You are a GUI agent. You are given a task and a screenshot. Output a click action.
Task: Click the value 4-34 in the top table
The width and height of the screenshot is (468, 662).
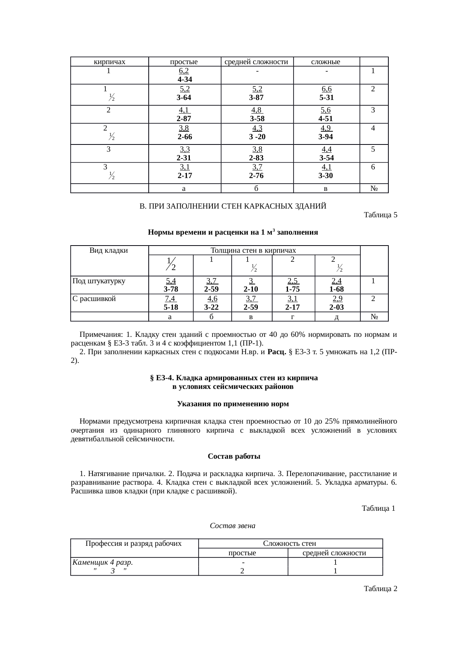[185, 80]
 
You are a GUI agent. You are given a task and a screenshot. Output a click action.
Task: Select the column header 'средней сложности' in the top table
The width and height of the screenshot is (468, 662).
[257, 62]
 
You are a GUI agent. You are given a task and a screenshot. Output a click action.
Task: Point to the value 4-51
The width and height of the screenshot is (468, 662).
[325, 119]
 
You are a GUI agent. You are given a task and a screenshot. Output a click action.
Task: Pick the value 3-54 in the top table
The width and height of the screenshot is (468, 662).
[326, 158]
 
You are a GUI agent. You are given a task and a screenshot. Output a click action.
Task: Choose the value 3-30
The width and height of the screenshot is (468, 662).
[325, 176]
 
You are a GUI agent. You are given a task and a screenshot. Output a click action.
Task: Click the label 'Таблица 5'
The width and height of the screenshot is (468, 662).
[380, 215]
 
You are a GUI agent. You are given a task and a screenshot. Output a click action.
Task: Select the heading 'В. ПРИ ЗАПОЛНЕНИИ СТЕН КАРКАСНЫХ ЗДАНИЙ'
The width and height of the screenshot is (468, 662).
[233, 206]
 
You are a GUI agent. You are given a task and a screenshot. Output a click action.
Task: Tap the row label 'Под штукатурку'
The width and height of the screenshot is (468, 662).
[99, 281]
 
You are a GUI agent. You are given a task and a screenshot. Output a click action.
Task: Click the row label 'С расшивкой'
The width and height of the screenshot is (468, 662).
[94, 299]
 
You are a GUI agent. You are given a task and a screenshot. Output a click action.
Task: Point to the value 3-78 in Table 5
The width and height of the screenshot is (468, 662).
[171, 289]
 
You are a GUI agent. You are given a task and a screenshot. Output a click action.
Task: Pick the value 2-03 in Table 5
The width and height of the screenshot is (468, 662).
[336, 307]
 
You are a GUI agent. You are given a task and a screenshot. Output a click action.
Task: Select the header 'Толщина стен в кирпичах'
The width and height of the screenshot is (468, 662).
[253, 250]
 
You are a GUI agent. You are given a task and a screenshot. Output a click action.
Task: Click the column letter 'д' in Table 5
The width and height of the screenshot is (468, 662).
[337, 317]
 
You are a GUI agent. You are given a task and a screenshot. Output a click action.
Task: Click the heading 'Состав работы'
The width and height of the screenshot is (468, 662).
[234, 456]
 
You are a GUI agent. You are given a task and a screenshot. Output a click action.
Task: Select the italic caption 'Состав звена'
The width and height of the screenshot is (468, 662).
[232, 525]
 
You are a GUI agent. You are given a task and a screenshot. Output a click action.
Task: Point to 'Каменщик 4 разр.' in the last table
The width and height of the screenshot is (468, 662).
[102, 562]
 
